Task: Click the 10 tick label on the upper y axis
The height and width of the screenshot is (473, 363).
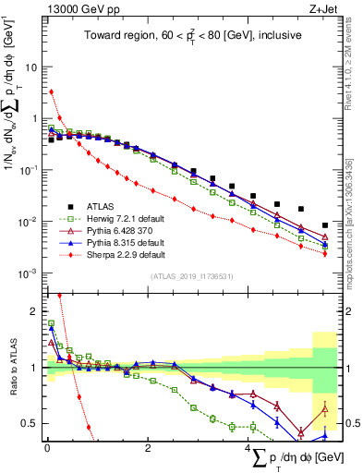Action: coord(32,67)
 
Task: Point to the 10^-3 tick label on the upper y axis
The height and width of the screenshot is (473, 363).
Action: coord(30,273)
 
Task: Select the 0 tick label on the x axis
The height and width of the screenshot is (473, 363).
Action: coord(46,446)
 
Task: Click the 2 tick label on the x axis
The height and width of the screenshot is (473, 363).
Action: coord(147,446)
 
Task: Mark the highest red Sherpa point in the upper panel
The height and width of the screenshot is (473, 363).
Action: coord(52,91)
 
